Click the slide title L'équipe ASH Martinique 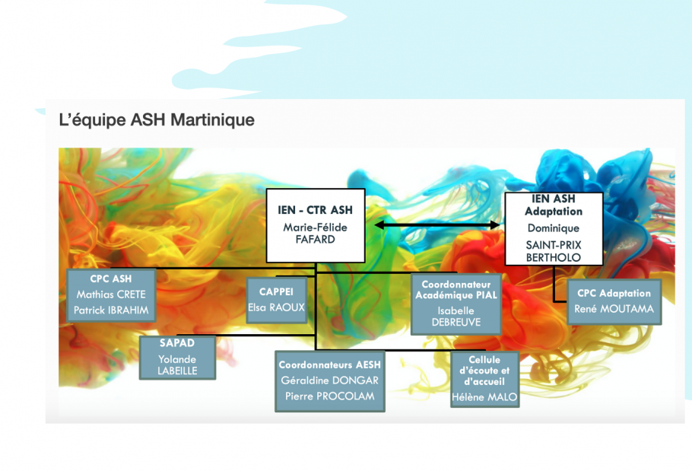(x=157, y=120)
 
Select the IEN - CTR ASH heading (x=315, y=210)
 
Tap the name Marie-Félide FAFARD (x=315, y=234)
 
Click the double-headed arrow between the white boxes (x=437, y=225)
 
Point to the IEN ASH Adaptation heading (x=554, y=205)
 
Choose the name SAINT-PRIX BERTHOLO (x=554, y=251)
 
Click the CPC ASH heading (x=111, y=279)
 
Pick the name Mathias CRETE (x=111, y=294)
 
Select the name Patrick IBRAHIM (x=111, y=310)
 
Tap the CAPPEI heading (x=276, y=291)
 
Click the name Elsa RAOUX (x=276, y=307)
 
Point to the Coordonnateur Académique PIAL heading (x=456, y=290)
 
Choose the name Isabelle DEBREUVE (x=456, y=317)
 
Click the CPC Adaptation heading (x=614, y=293)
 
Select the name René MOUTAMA (x=614, y=309)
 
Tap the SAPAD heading (x=177, y=343)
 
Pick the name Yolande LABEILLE (x=177, y=365)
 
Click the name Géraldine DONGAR (x=330, y=380)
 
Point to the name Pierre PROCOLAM (x=330, y=396)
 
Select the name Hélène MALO (x=484, y=397)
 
